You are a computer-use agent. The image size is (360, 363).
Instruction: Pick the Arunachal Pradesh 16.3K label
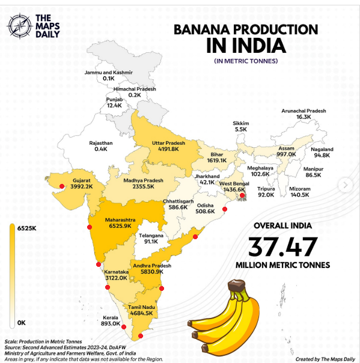click(304, 114)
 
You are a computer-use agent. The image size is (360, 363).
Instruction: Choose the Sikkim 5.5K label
click(241, 126)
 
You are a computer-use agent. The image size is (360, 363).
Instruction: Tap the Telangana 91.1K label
click(151, 239)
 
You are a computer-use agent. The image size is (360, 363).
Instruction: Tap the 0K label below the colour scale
click(22, 323)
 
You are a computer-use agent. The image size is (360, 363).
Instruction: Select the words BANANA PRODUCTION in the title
click(245, 29)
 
